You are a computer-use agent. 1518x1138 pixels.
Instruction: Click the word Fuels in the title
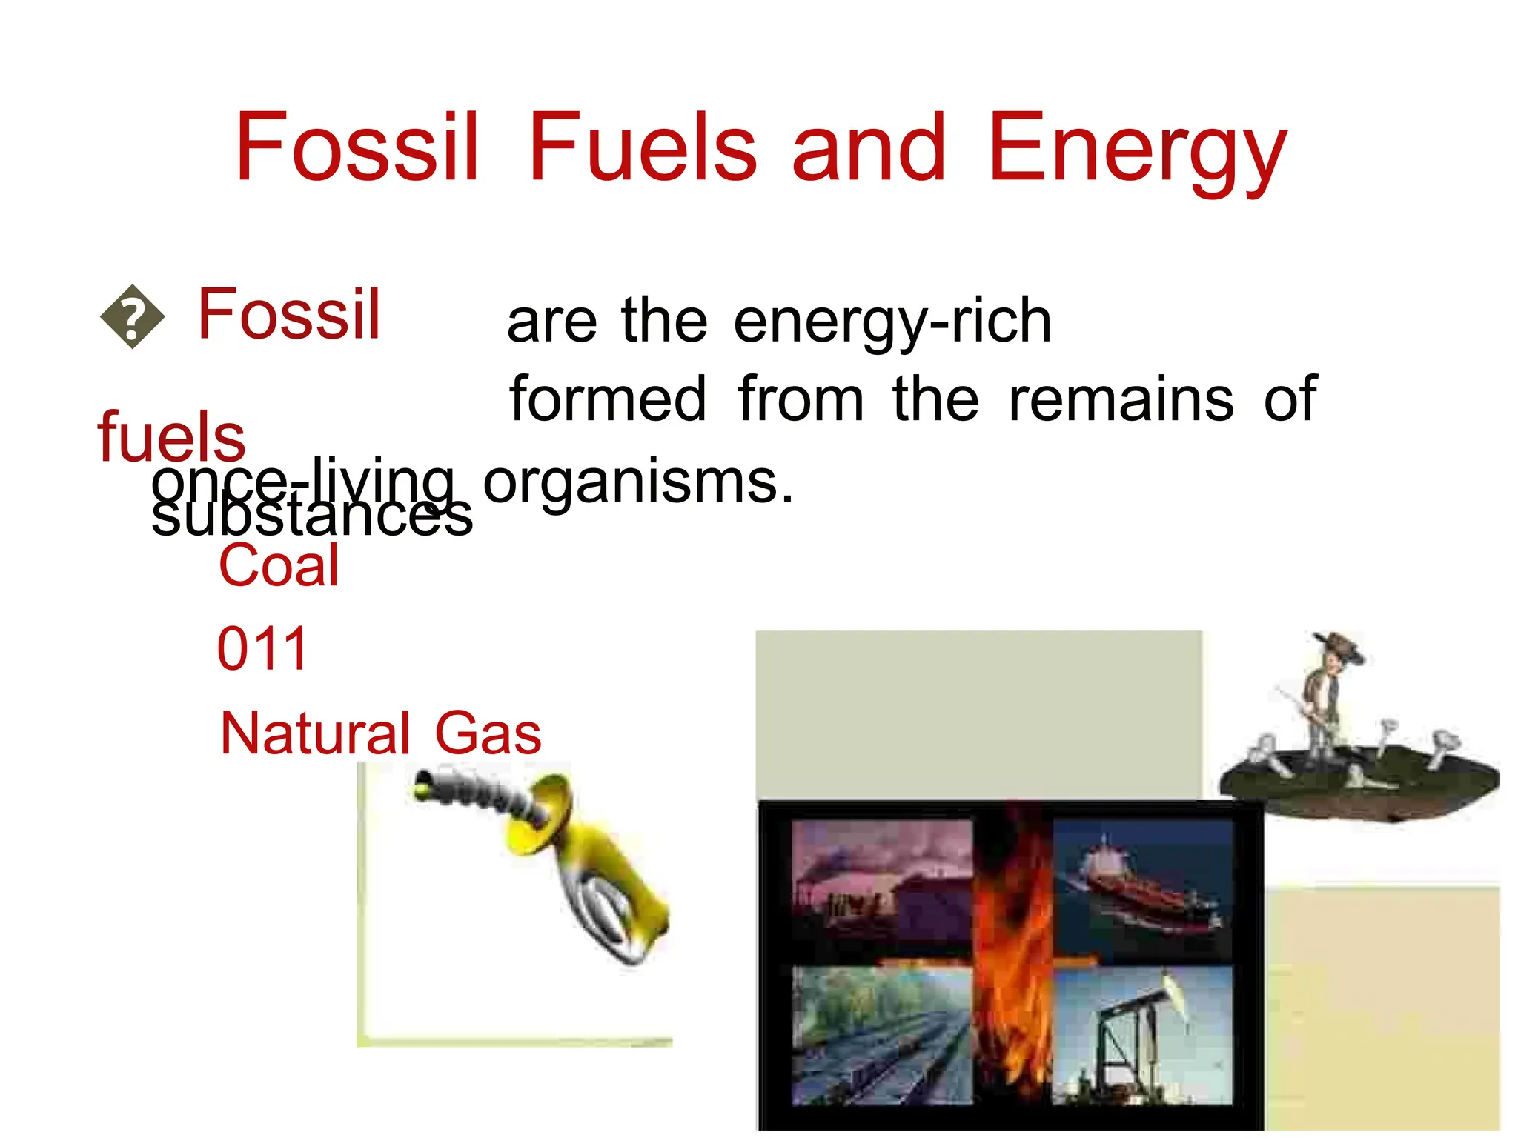(642, 148)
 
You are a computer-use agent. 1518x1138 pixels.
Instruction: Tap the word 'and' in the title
(869, 148)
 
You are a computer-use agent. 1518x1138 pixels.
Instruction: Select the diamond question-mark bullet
(132, 317)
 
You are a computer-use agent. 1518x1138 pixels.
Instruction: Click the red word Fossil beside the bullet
(289, 315)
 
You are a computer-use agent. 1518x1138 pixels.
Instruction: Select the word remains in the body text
(1121, 400)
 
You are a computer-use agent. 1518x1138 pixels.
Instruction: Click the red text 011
(262, 649)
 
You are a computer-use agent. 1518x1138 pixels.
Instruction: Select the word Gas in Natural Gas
(488, 733)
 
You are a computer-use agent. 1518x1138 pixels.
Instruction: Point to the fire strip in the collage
(1012, 963)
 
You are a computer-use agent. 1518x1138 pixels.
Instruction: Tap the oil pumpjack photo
(1143, 1034)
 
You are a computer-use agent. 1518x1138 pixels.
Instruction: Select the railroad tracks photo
(882, 1034)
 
